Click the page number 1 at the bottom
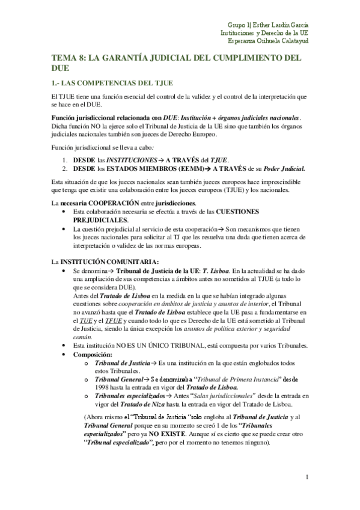(307, 479)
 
